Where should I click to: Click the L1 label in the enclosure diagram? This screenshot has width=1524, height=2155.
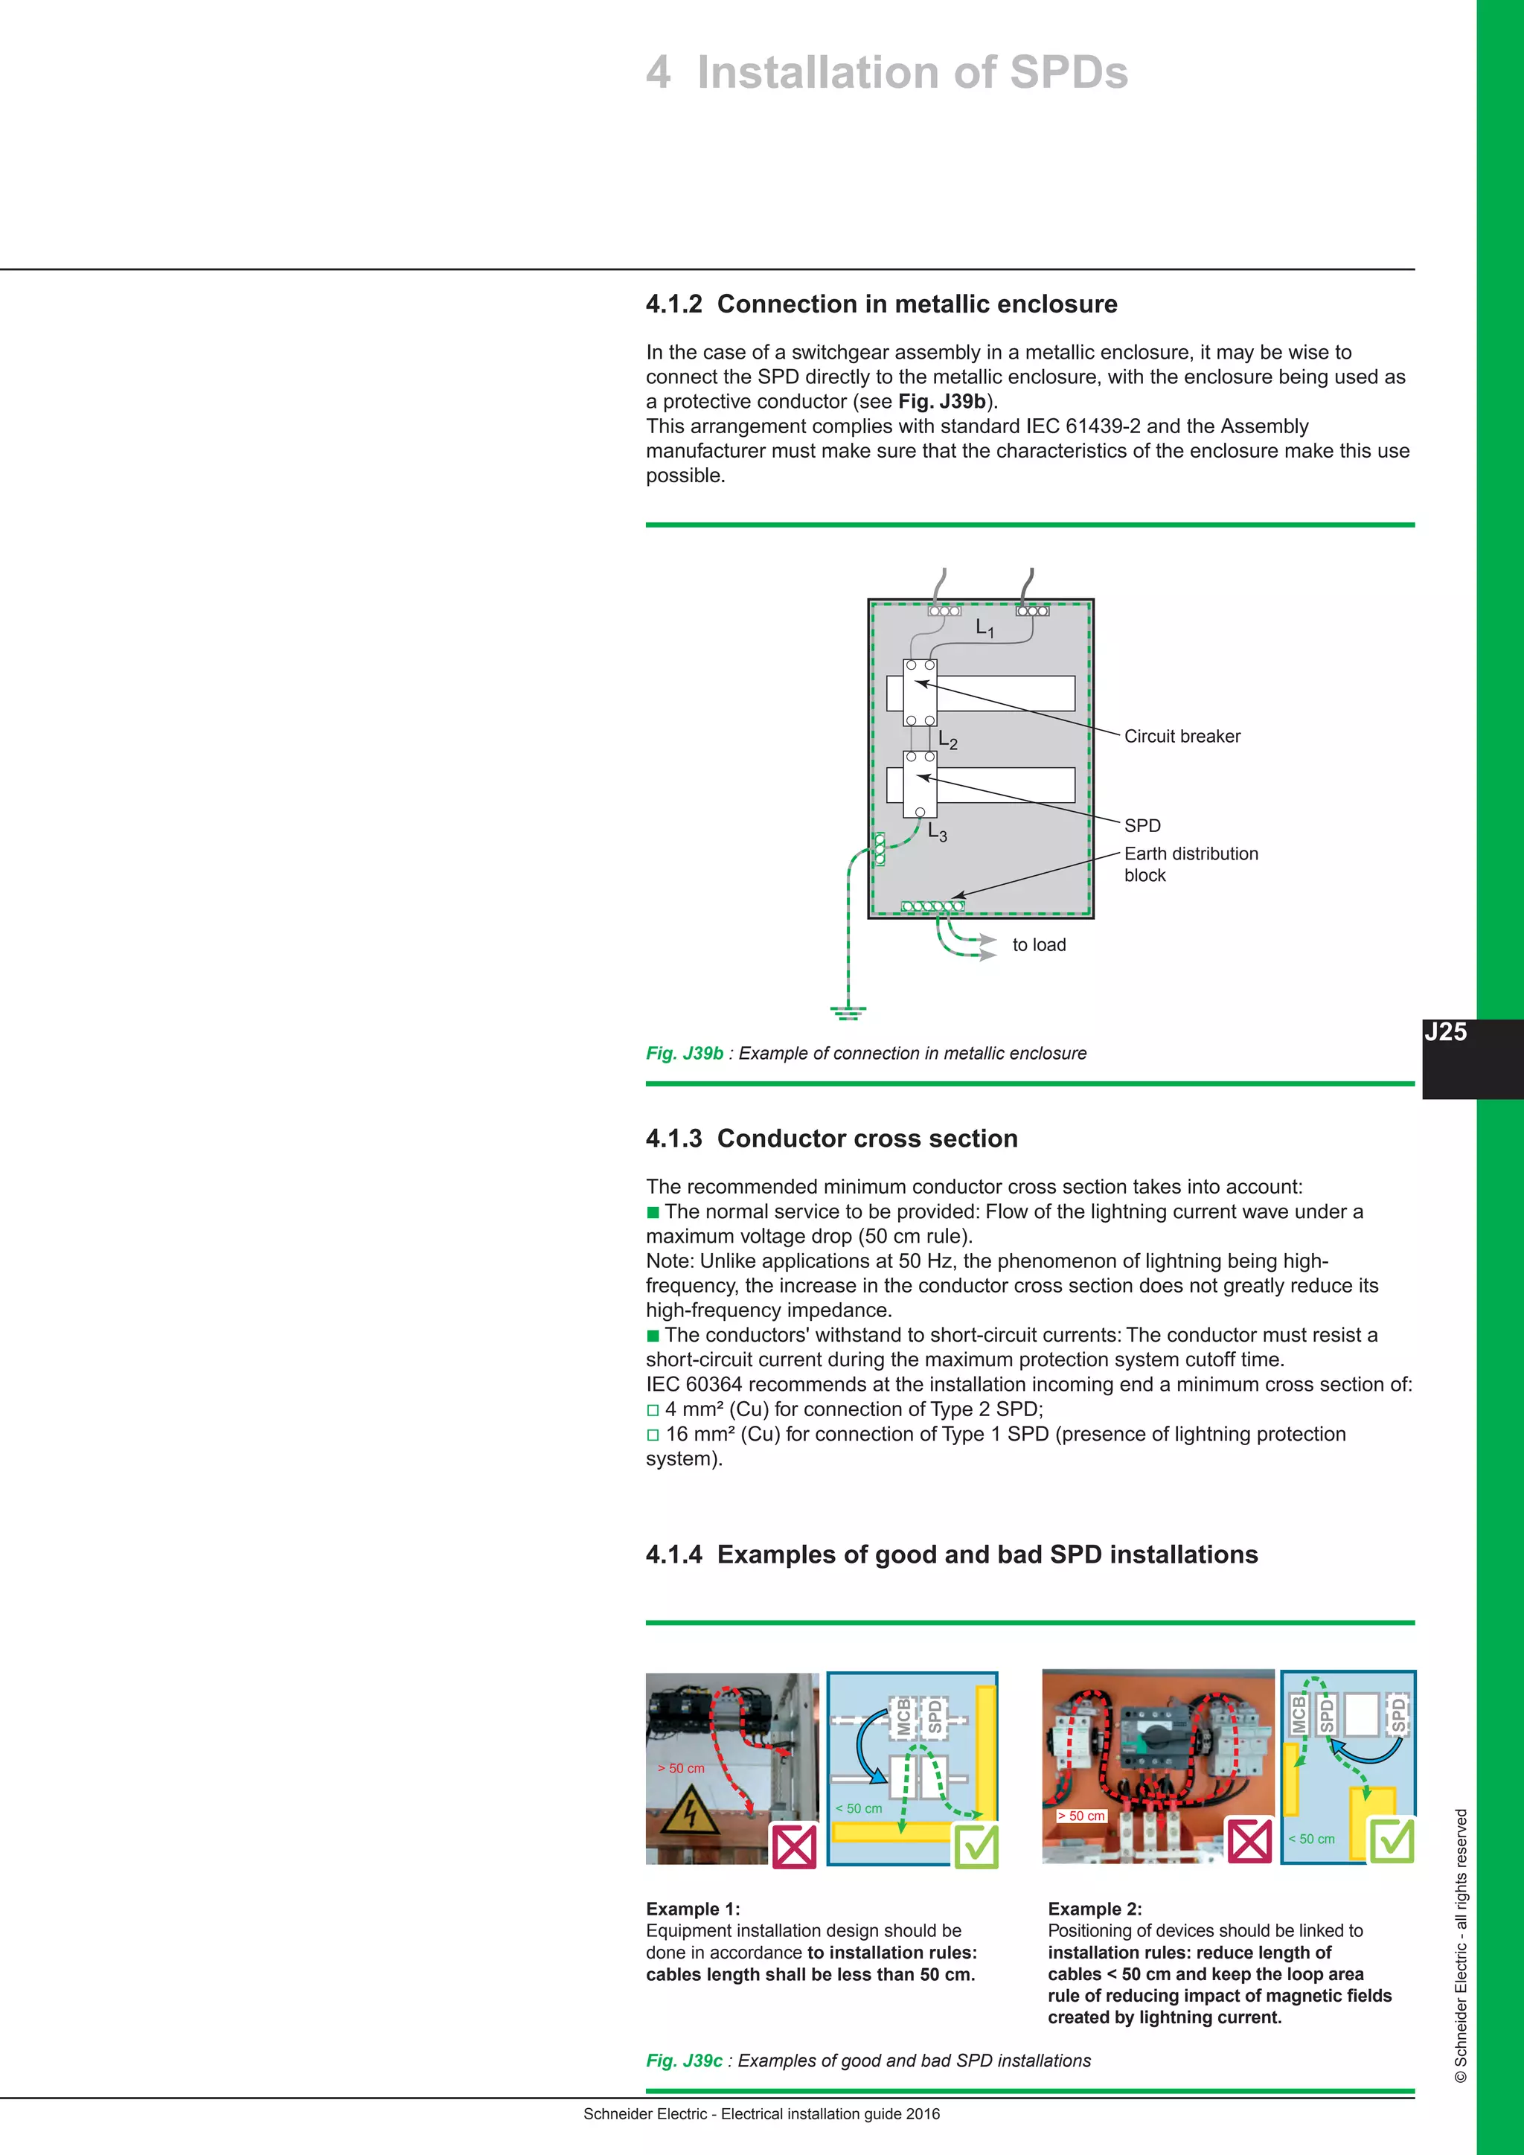pos(984,628)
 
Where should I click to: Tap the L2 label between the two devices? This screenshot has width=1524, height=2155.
pos(948,740)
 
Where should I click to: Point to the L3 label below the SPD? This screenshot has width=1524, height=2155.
pos(937,832)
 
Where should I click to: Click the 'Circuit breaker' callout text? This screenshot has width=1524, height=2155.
pos(1182,737)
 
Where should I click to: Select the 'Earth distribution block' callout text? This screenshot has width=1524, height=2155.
pos(1190,863)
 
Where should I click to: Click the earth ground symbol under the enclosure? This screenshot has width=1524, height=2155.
pos(848,1012)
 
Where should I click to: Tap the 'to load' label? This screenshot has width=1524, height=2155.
pos(1039,945)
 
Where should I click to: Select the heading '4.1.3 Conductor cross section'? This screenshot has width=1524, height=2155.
pos(831,1139)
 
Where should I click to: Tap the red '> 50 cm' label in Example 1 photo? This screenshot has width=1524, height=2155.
pos(682,1768)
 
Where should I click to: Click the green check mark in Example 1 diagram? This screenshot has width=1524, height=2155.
pos(977,1845)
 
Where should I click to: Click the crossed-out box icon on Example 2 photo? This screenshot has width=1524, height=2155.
pos(1250,1840)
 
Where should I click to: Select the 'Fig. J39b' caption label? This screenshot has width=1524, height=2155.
pos(684,1053)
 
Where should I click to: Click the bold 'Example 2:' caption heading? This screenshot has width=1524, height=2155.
pos(1094,1909)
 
